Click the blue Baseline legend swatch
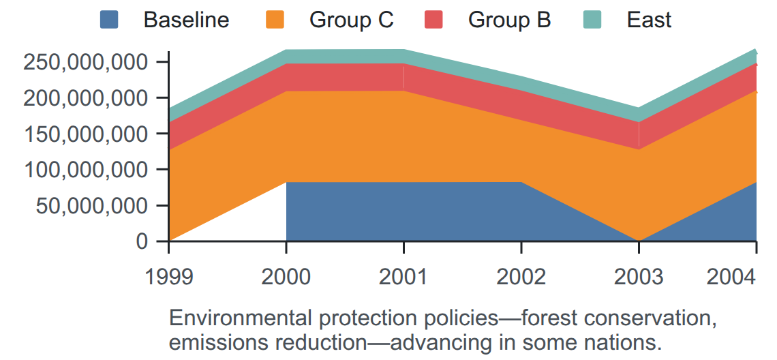click(x=109, y=20)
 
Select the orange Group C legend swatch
click(x=275, y=20)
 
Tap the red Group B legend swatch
click(x=433, y=20)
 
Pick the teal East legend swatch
click(x=592, y=20)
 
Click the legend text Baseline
click(x=186, y=20)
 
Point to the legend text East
click(x=649, y=20)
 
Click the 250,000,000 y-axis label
click(x=86, y=63)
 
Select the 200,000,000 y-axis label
click(x=86, y=98)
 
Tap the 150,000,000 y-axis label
click(x=86, y=134)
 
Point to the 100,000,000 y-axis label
click(x=86, y=170)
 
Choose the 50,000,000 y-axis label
click(x=92, y=205)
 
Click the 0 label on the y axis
click(x=142, y=241)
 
